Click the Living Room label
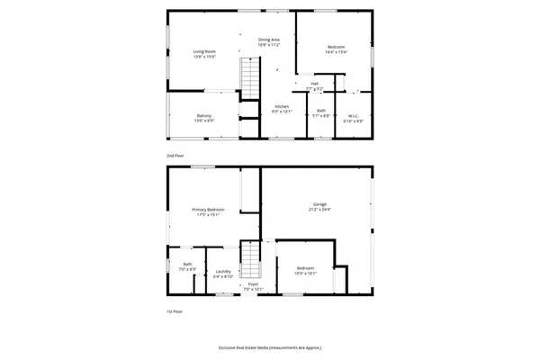click(203, 50)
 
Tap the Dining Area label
click(270, 40)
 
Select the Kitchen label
click(282, 107)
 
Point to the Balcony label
click(204, 115)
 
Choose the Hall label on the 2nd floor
click(315, 84)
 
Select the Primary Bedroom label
click(208, 210)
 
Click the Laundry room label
click(222, 273)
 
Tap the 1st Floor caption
click(175, 311)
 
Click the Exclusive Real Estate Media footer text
click(270, 347)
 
